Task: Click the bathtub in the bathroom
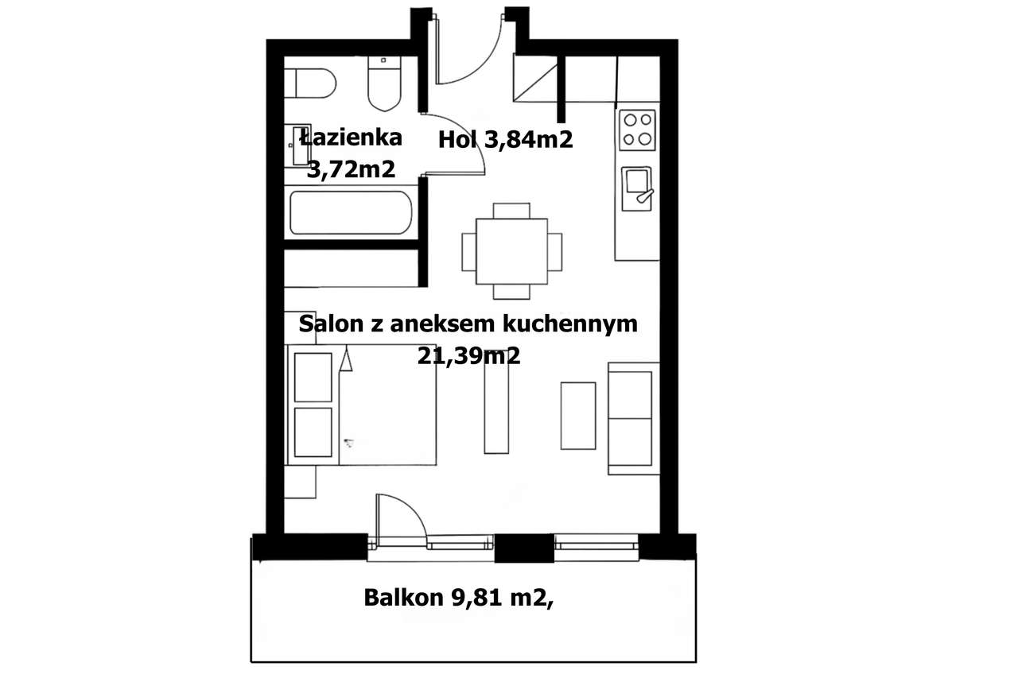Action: coord(351,212)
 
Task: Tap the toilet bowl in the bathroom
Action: coord(386,87)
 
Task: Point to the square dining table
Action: coord(511,251)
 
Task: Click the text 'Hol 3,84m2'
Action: coord(506,141)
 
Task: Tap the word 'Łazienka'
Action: coord(351,137)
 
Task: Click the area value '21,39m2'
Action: coord(468,356)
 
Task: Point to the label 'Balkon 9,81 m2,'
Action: coord(458,598)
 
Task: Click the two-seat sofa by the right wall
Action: coord(634,418)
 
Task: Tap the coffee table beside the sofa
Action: coord(578,416)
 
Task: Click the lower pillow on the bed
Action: coord(313,432)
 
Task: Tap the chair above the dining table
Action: coord(511,211)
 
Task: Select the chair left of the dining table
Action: coord(468,251)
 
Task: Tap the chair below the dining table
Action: coord(511,292)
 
